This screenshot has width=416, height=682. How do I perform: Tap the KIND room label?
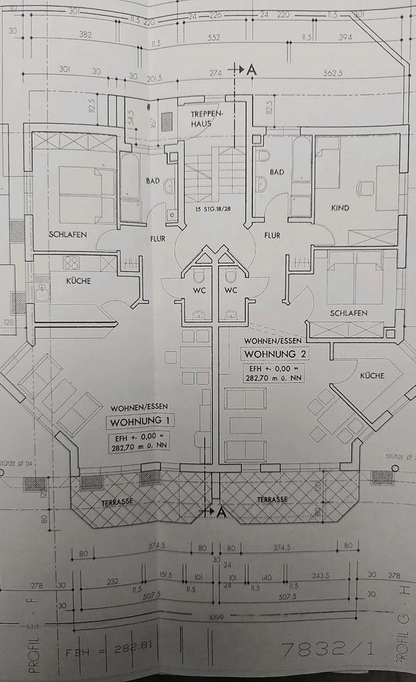click(x=341, y=208)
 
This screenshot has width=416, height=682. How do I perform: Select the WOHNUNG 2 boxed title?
click(x=273, y=354)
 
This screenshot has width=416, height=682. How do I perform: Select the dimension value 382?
click(x=85, y=34)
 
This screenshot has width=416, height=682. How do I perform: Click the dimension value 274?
click(x=216, y=73)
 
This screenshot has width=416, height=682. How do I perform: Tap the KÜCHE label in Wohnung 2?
click(x=372, y=374)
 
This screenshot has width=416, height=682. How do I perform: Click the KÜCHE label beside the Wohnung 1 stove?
click(x=78, y=281)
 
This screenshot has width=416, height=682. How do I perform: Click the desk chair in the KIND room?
click(x=366, y=189)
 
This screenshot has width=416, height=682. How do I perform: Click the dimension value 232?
click(x=113, y=581)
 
